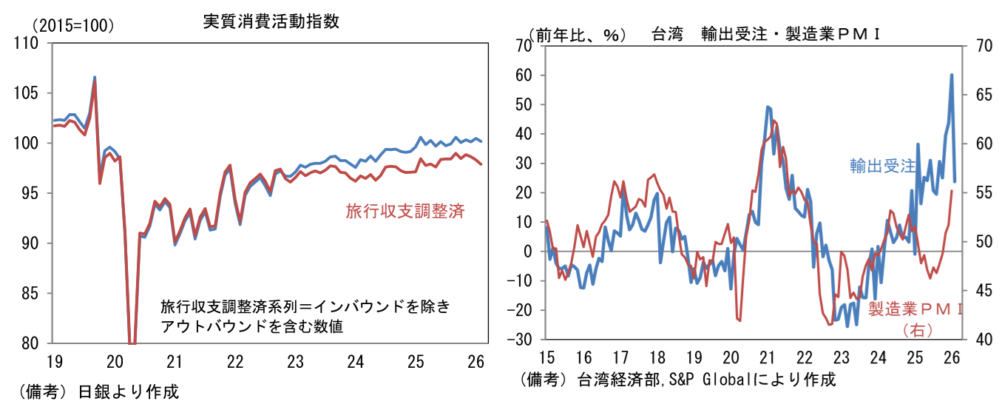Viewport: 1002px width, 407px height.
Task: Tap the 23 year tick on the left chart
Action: point(295,362)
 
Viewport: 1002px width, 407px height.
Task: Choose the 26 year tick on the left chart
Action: point(476,362)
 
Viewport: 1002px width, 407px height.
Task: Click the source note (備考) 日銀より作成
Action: point(96,391)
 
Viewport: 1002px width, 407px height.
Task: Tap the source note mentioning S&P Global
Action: point(679,380)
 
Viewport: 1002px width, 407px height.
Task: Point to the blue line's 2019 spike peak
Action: point(95,77)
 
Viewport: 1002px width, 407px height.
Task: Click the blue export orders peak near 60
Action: point(952,75)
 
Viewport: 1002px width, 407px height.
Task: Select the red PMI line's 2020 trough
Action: point(739,320)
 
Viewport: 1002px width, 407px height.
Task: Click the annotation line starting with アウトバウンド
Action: point(251,326)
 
